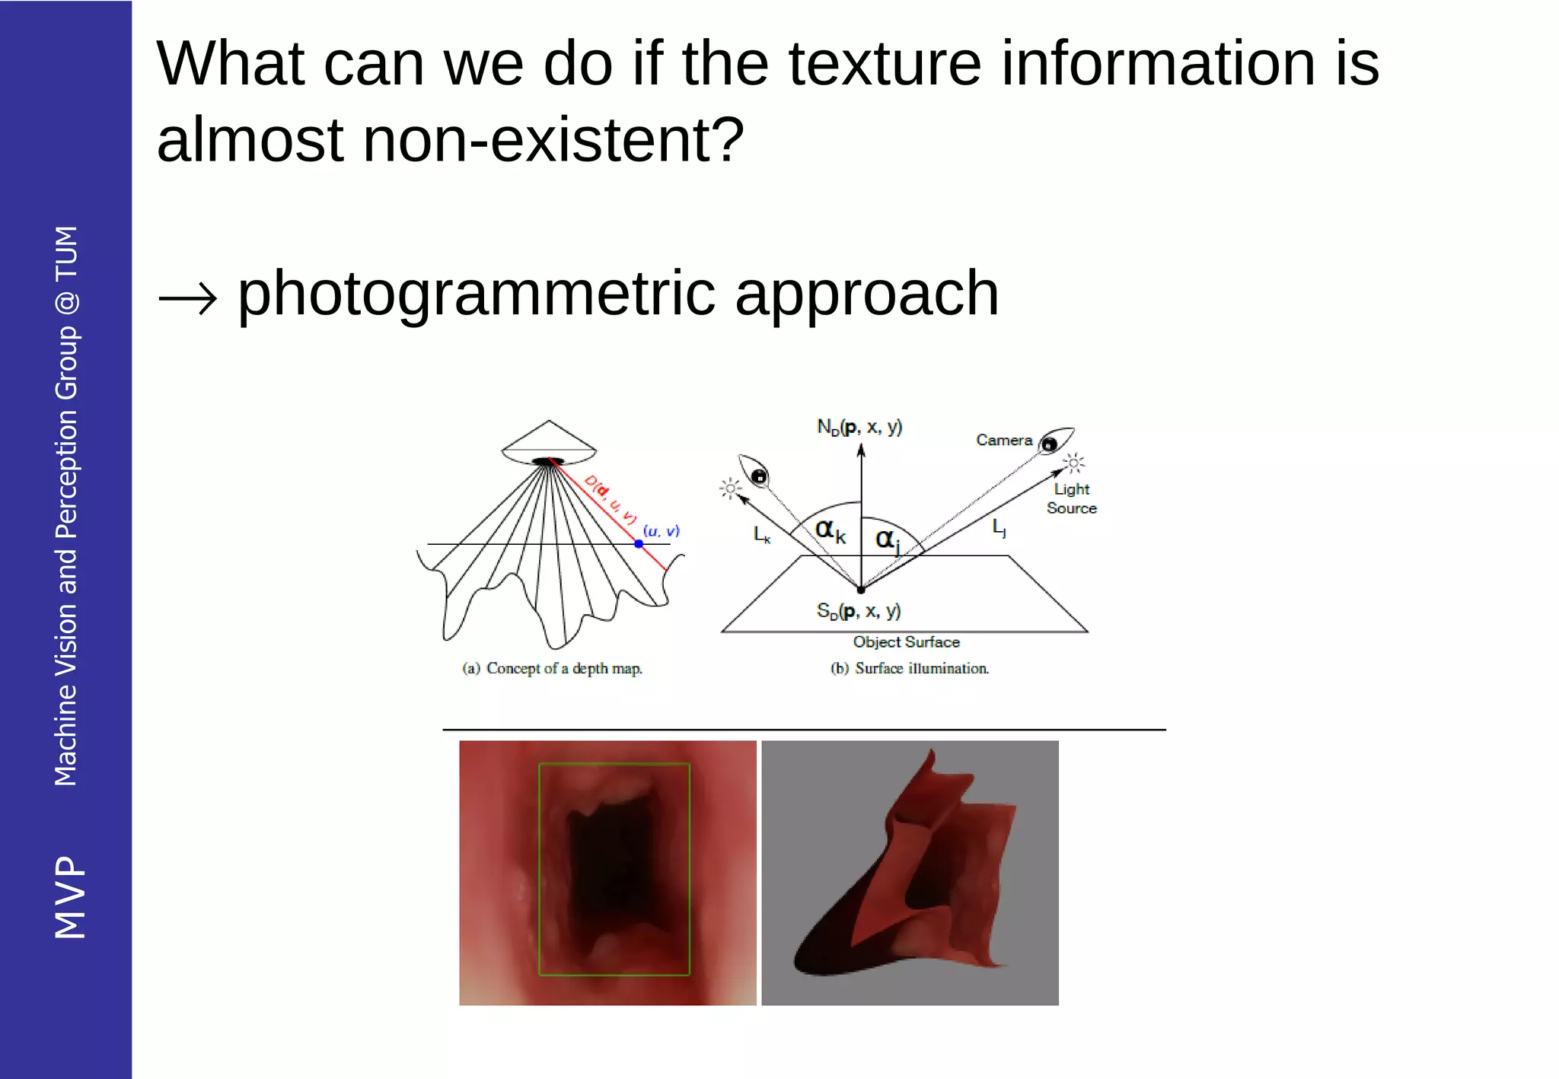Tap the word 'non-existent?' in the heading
coord(553,141)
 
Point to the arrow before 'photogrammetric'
coord(187,298)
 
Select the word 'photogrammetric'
coord(476,294)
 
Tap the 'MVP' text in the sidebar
coord(69,897)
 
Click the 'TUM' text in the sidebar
coord(67,253)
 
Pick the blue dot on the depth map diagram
coord(638,544)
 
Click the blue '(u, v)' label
coord(661,531)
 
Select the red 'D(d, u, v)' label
coord(610,499)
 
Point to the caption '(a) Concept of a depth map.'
coord(552,669)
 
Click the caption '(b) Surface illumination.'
coord(909,669)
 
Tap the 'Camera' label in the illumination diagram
coord(1003,441)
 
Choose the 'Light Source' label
coord(1071,498)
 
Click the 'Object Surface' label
coord(906,642)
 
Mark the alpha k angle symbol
coord(830,530)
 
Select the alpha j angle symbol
coord(887,540)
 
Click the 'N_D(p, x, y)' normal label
coord(859,427)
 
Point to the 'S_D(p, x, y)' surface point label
coord(858,611)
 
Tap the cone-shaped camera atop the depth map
coord(548,442)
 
